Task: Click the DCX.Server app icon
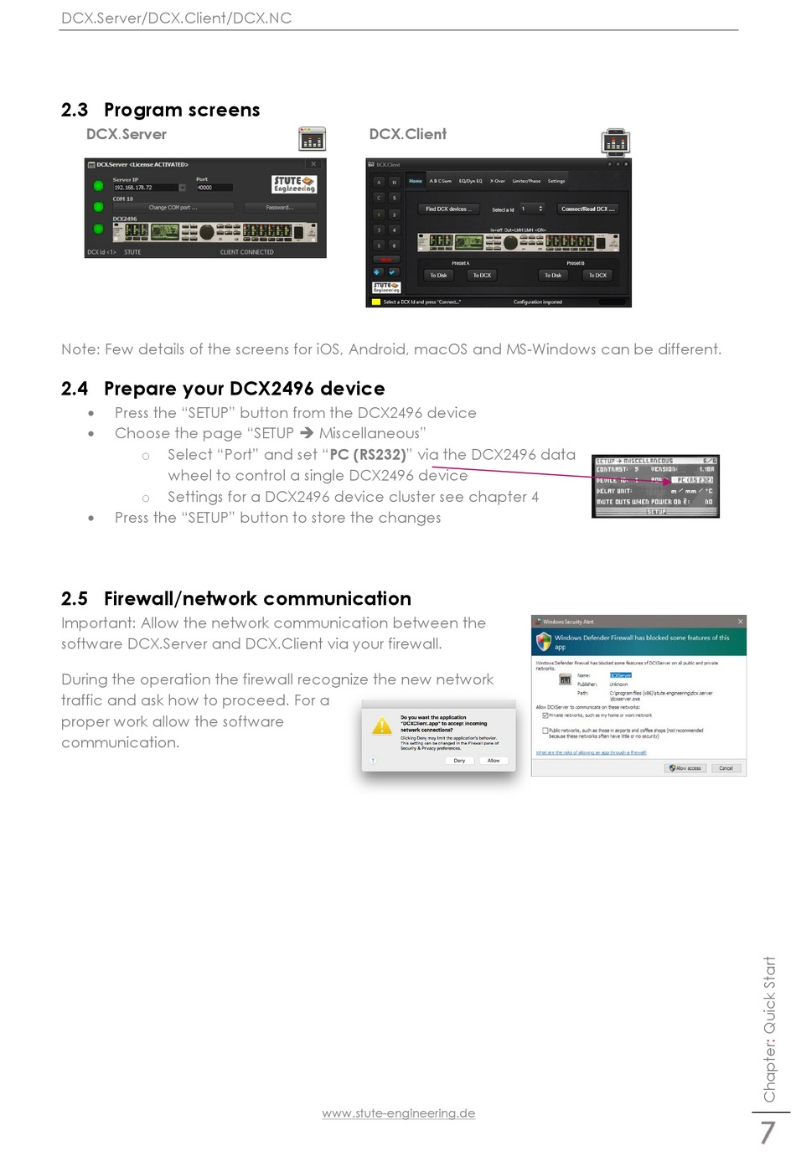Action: click(x=312, y=138)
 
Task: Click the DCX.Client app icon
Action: click(x=616, y=142)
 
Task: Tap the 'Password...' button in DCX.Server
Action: click(x=280, y=207)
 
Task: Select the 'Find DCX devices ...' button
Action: click(x=447, y=209)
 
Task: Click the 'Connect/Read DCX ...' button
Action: click(x=587, y=209)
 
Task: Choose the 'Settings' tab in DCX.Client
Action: click(x=556, y=181)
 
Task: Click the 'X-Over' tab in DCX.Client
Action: click(x=498, y=181)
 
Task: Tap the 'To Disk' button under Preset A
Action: click(x=438, y=275)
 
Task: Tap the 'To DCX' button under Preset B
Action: click(x=597, y=275)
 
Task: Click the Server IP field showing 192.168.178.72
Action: click(x=146, y=188)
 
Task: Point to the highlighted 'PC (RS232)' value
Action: click(x=694, y=480)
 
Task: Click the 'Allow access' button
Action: click(x=685, y=767)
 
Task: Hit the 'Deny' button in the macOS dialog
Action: click(x=459, y=761)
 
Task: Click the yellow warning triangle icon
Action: click(x=382, y=726)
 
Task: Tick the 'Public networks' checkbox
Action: click(x=545, y=731)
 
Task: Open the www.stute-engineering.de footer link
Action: click(x=398, y=1113)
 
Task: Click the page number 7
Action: click(x=767, y=1133)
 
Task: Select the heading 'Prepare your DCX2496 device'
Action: click(x=244, y=389)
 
